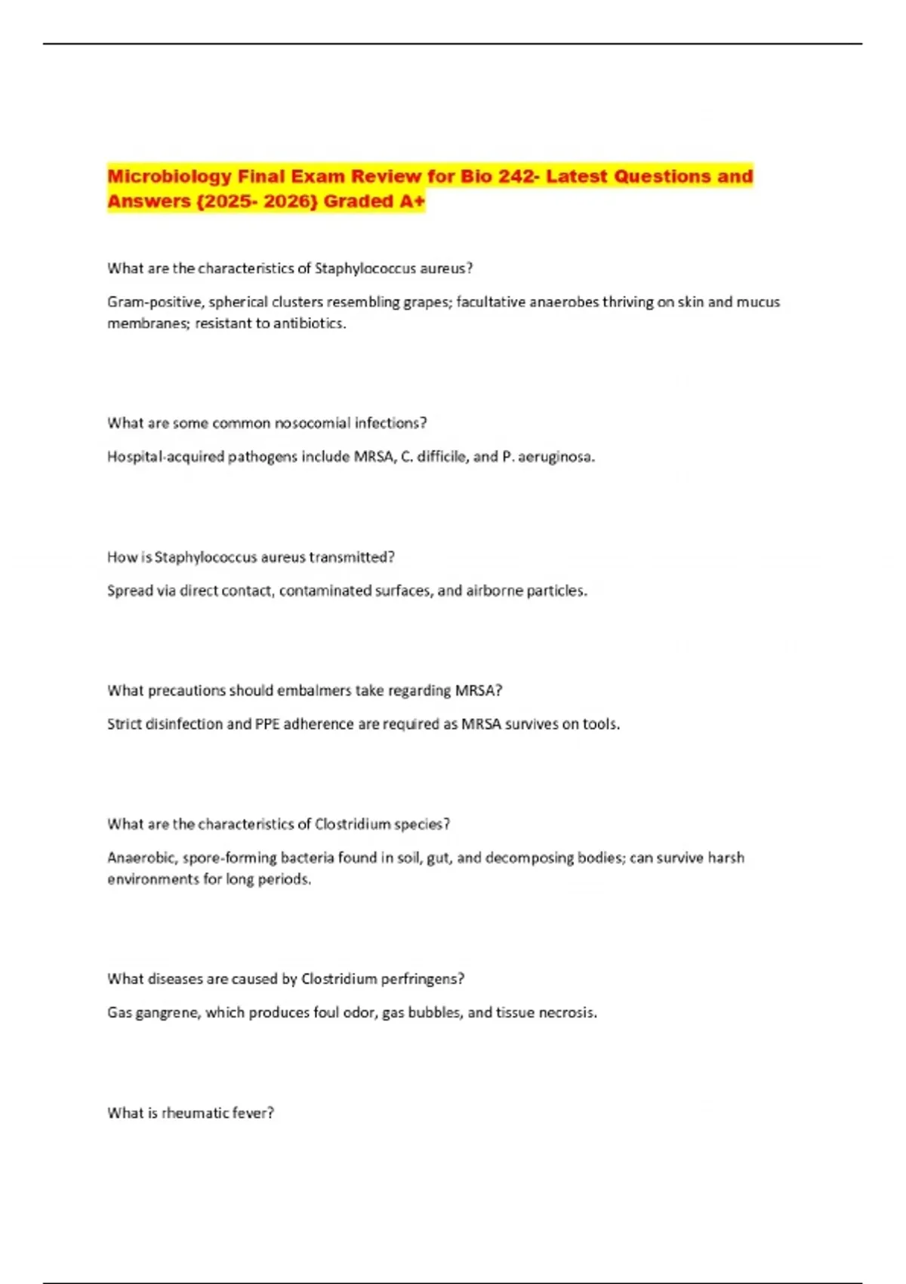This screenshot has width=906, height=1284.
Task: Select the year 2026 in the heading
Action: [x=289, y=202]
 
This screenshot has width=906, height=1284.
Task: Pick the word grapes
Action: [x=426, y=302]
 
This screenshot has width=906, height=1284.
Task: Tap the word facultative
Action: [x=489, y=302]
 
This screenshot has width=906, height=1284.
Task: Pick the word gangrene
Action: [x=168, y=1013]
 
